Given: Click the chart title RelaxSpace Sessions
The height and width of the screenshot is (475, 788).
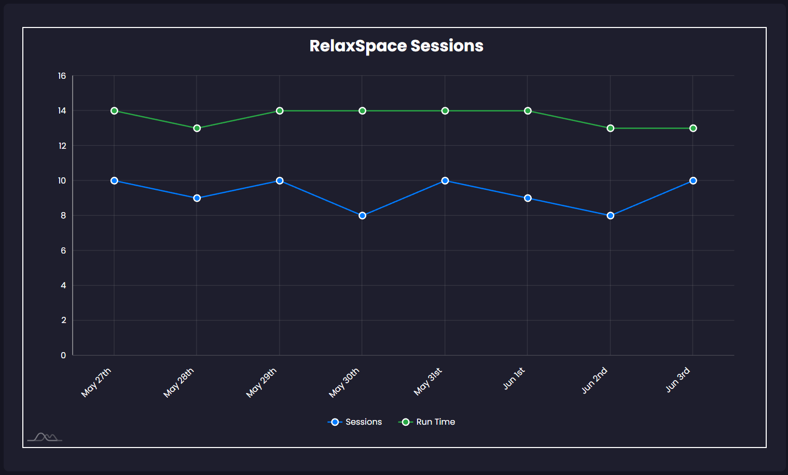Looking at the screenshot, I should tap(396, 46).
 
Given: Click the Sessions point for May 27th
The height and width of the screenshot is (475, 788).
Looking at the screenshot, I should tap(114, 180).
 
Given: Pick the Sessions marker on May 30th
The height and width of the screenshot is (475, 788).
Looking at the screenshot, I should tap(362, 216).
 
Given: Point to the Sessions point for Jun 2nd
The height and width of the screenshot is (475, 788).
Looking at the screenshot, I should tap(610, 216).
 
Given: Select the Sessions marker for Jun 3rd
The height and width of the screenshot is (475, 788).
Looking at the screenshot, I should tap(693, 180).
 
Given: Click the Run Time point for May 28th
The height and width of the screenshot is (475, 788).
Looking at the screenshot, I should tap(197, 128).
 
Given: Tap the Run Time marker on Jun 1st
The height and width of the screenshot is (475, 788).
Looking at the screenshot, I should tap(528, 111).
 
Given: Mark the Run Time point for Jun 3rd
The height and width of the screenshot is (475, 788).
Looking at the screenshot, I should tap(693, 128).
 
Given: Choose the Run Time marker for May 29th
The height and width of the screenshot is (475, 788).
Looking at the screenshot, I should tap(280, 111).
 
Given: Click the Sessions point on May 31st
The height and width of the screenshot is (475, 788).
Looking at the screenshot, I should tap(445, 180).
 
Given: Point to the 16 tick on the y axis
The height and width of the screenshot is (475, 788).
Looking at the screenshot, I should tap(62, 76).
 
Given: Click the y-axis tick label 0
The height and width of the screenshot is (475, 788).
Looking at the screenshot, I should tap(63, 355).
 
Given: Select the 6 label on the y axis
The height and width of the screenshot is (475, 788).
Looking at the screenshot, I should tap(63, 250).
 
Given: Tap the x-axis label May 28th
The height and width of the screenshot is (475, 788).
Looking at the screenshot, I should tap(179, 383).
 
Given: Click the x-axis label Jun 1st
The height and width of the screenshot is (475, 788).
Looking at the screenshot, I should tap(514, 379).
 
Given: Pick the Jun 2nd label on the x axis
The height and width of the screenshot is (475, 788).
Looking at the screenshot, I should tap(595, 380).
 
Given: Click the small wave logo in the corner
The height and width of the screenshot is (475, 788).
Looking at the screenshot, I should tap(45, 438).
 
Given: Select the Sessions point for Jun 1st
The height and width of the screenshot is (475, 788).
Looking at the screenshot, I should tap(528, 198).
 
